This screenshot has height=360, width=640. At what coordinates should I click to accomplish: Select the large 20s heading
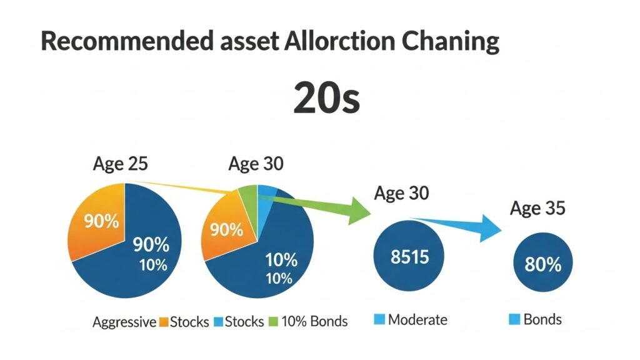pos(326,98)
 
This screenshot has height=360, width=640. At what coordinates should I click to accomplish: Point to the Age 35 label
pos(537,208)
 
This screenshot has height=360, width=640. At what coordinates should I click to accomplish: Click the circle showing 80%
pos(542,264)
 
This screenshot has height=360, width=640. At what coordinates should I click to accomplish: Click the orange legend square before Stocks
pos(164,322)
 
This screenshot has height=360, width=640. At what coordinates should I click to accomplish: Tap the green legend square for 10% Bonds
pos(272,322)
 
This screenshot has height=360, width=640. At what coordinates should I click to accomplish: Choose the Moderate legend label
pos(417,320)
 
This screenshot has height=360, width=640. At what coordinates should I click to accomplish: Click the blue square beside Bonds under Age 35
pos(514,320)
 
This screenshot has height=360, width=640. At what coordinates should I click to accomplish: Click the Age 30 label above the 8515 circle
pos(401,193)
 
